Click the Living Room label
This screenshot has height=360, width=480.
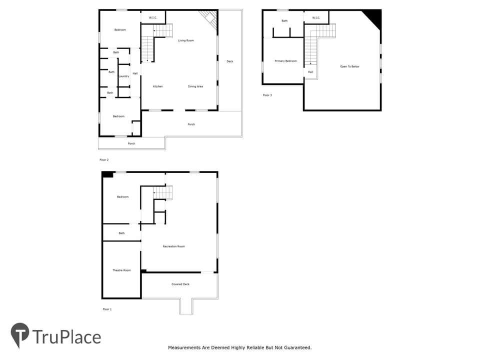coord(185,40)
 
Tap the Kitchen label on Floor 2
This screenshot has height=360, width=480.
coord(157,86)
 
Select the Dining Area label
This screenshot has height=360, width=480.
coord(195,86)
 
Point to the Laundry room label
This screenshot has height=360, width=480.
coord(123,76)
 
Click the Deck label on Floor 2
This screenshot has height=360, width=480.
coord(229,61)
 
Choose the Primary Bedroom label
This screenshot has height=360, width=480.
coord(285,61)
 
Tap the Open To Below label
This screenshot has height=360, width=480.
coord(349,66)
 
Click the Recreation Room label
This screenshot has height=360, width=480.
coord(173,246)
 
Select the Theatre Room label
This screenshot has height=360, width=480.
coord(121,270)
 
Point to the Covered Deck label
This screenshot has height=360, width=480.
coord(180,284)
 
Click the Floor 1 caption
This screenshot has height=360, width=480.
coord(107,309)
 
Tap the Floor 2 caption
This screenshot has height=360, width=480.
coord(104,160)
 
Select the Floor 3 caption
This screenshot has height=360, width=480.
coord(267,95)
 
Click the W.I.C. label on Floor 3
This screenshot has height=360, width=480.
coord(316,18)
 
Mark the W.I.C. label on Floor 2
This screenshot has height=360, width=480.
coord(153,18)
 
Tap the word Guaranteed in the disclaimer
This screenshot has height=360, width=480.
coord(297,347)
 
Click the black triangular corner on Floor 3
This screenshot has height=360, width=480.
coord(374,17)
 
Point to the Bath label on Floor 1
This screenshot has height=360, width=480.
coord(121,233)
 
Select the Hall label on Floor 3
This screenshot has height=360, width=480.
coord(310,72)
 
